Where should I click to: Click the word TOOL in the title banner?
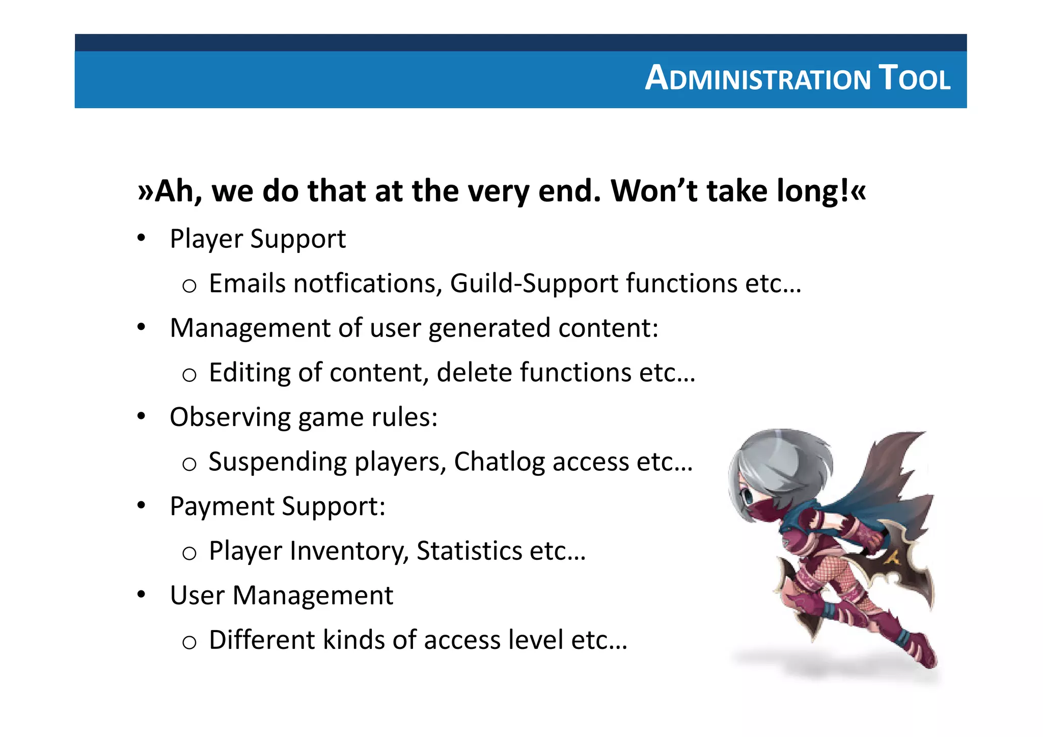coord(915,78)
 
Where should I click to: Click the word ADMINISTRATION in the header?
coord(758,78)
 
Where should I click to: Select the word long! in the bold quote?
coord(813,192)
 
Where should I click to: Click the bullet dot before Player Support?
coord(142,238)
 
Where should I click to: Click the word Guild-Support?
coord(534,284)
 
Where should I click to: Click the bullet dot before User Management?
coord(142,594)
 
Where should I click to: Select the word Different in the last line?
coord(262,640)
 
